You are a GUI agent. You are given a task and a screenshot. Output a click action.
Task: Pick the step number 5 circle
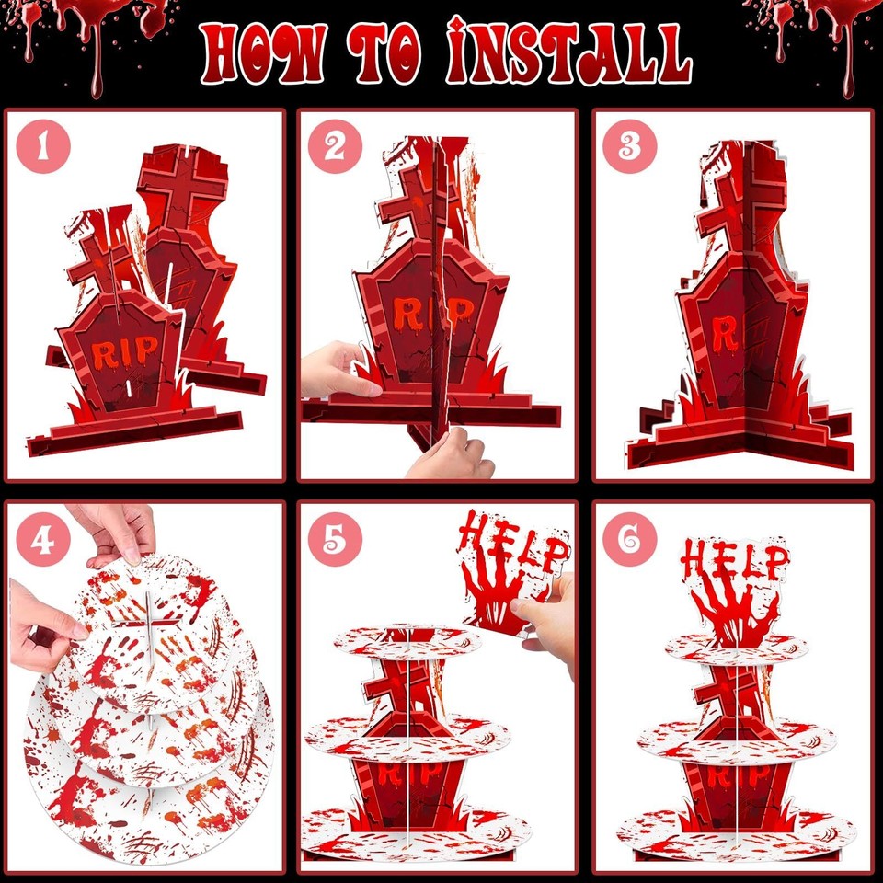click(336, 540)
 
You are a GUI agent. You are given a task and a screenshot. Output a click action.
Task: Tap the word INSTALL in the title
click(568, 53)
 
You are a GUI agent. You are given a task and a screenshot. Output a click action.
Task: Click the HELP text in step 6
click(735, 561)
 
